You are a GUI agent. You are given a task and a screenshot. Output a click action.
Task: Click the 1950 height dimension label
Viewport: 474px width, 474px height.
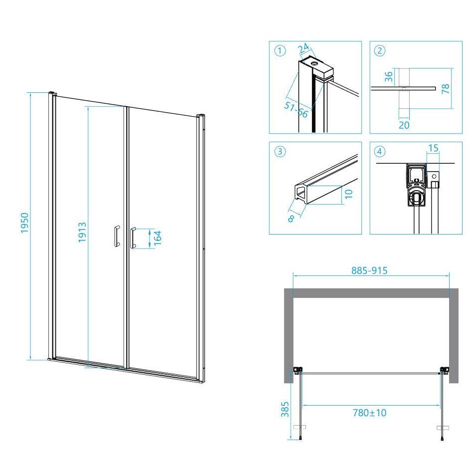(25, 223)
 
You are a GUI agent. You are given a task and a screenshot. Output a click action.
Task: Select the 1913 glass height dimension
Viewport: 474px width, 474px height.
(82, 232)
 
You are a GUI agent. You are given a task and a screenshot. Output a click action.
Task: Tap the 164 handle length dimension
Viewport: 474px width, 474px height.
(158, 238)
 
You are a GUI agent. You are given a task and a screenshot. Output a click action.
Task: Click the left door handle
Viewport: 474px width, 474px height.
(117, 236)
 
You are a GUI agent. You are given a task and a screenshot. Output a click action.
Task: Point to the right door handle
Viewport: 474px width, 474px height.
(133, 238)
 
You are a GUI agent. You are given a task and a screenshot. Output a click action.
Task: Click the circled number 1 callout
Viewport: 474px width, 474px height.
(280, 50)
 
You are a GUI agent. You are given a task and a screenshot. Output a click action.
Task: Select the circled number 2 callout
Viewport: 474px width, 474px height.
(380, 50)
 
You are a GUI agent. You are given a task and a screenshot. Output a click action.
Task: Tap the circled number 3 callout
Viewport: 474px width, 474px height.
(280, 151)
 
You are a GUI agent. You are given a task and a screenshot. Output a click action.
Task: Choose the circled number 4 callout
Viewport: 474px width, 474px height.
(380, 151)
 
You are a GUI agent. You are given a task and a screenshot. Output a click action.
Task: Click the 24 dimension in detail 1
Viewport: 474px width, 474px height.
(304, 48)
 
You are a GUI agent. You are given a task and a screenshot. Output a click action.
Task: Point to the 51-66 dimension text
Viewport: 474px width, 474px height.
(296, 109)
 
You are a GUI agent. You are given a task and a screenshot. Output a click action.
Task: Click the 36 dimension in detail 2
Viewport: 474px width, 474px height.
(389, 77)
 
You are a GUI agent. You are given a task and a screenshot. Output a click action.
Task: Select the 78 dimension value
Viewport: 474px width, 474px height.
(446, 89)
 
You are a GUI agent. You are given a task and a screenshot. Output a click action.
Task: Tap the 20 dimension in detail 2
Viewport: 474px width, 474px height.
(404, 125)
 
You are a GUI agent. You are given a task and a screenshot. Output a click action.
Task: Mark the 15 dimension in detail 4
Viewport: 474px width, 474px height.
(433, 148)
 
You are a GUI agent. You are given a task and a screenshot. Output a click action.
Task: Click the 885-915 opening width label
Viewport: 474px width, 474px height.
(369, 270)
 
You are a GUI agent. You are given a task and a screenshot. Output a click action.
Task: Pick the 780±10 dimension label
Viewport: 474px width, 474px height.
(369, 413)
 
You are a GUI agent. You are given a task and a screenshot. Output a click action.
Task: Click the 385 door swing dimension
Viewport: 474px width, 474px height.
(285, 409)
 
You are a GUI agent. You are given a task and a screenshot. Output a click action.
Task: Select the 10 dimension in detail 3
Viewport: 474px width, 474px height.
(349, 194)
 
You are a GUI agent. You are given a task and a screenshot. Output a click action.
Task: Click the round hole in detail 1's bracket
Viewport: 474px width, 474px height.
(315, 63)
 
